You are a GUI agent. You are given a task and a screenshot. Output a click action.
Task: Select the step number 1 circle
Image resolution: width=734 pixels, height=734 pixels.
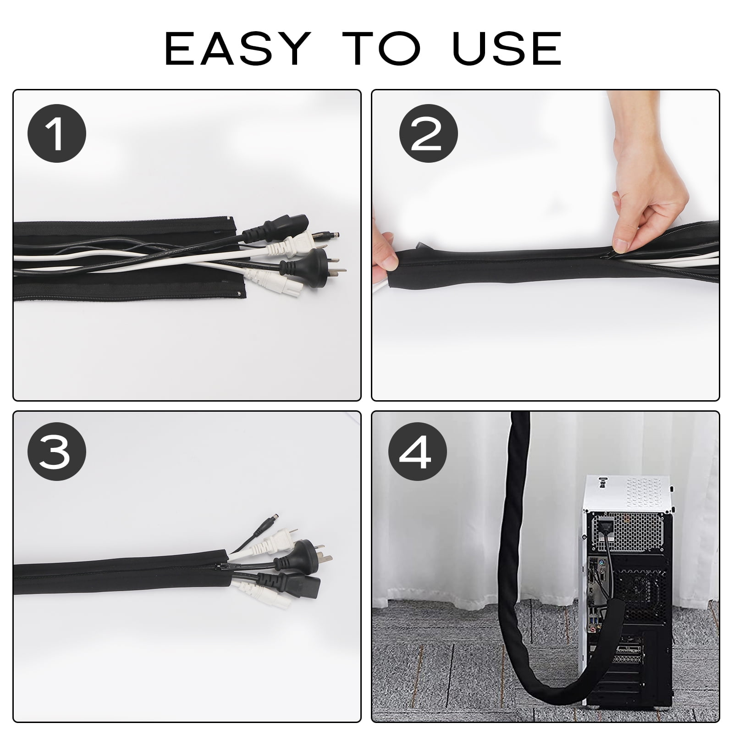[x=57, y=133]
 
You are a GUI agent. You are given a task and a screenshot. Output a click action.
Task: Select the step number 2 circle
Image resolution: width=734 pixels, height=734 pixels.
[x=428, y=133]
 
